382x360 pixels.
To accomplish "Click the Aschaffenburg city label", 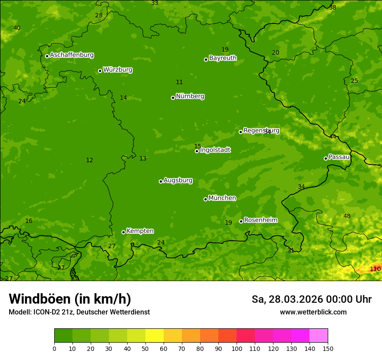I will coord(72,55).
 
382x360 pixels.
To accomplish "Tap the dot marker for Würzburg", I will coord(100,71).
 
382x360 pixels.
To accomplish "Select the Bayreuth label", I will coord(223,58).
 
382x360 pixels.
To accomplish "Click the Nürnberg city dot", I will coord(173,98).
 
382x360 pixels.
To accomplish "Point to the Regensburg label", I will coord(261,130).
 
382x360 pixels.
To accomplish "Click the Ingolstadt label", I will coord(215,150).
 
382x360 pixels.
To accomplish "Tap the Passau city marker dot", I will coord(326,158).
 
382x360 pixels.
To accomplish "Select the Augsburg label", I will coord(178,180).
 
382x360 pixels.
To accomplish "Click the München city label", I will coord(222,198).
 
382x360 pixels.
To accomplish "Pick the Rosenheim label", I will coord(260,220).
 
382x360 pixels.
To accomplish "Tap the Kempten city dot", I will coord(123,232).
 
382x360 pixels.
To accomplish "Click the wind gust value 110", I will coord(375,269).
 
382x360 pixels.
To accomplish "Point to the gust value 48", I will coord(347,216).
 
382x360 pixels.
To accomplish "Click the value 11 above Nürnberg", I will coord(179,82).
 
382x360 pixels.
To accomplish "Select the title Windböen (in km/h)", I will coord(70,299).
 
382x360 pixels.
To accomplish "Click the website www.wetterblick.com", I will coord(313,312).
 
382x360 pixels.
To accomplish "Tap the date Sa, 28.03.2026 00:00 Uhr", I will coord(311,299).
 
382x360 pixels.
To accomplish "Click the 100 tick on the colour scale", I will coord(237,348).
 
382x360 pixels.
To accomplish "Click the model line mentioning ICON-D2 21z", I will coord(79,312).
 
